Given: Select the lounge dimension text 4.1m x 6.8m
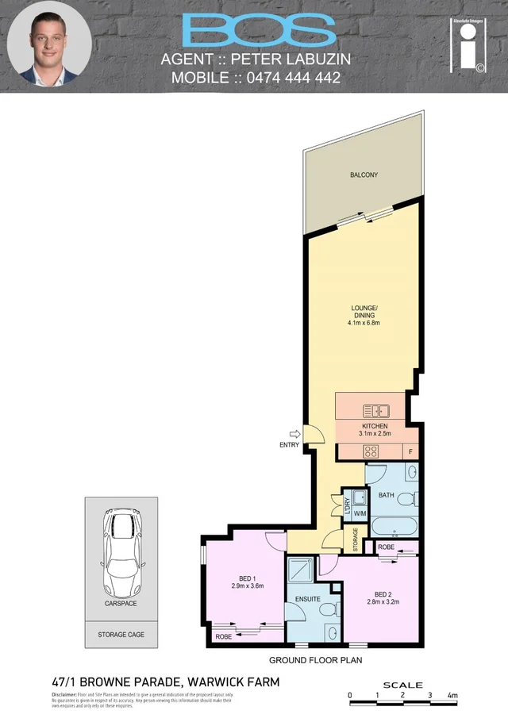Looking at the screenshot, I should pos(364,323).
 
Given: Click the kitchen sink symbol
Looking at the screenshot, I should pos(375,411).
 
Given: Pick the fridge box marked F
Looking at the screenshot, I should pos(410,451).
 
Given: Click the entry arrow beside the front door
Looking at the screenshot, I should pos(296,433).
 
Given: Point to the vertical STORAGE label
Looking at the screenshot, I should pos(355,541).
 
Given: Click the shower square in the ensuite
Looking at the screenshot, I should pos(301,570).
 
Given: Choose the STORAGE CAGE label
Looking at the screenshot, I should pos(121,635).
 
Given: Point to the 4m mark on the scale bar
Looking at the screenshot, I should pos(453,695).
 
